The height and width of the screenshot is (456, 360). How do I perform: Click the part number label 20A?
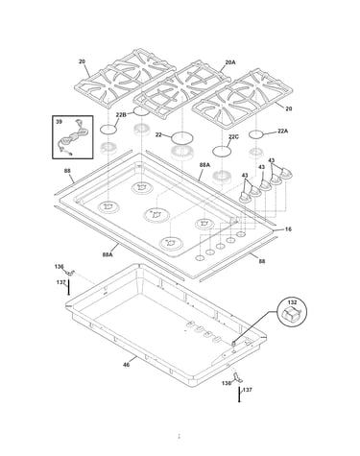point(230,62)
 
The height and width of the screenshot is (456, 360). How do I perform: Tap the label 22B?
point(121,114)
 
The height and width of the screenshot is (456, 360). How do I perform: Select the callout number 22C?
point(233,136)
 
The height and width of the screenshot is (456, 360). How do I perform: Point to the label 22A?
point(282,131)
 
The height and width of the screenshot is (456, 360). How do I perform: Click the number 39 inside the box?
point(60,122)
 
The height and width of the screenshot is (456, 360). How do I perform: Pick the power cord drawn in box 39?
point(71,138)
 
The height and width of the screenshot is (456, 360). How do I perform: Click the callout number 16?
point(288,229)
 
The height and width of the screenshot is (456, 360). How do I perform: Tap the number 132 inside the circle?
point(292,302)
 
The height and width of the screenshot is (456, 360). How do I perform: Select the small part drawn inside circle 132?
point(291,315)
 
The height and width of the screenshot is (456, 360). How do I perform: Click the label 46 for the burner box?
point(127,365)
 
